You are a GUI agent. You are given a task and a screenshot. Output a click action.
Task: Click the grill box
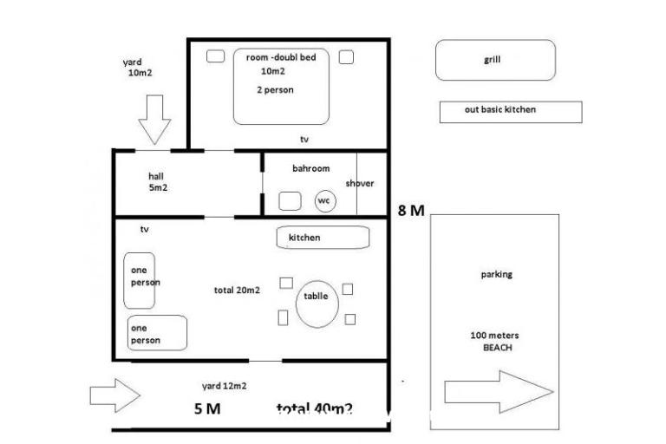tap(493, 61)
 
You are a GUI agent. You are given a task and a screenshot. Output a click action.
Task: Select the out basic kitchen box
tap(510, 112)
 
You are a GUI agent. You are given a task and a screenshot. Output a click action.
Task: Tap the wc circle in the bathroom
tap(324, 201)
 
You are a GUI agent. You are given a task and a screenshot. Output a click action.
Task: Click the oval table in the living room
tap(315, 304)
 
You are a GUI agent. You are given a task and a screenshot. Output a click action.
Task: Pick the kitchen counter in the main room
tap(323, 237)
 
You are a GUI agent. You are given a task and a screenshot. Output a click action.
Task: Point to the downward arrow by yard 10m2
tap(156, 120)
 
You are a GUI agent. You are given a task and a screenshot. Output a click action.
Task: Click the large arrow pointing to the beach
tap(498, 392)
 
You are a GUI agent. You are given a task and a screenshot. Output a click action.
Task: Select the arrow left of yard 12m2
tap(114, 395)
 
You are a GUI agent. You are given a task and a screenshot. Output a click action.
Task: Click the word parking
tap(497, 275)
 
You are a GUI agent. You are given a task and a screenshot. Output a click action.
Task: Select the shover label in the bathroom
tap(360, 184)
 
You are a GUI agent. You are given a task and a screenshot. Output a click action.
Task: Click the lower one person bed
tap(156, 334)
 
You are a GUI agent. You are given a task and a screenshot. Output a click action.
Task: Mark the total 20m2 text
tap(237, 291)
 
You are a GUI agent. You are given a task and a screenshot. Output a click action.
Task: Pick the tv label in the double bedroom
tap(304, 140)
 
